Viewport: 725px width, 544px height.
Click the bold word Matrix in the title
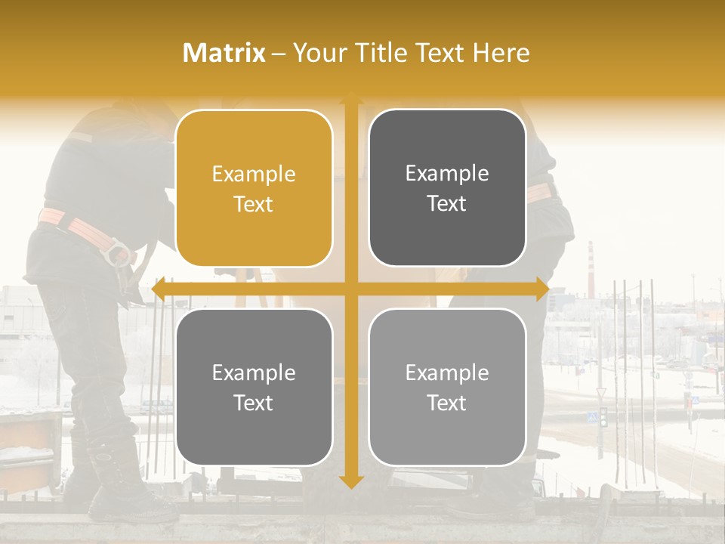pos(224,53)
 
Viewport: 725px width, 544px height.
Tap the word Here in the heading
pos(501,53)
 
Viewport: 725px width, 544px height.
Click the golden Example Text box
pos(254,188)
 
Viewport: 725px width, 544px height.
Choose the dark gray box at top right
pos(447,188)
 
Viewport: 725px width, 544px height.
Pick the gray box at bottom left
pos(254,387)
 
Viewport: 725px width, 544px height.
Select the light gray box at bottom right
pos(447,387)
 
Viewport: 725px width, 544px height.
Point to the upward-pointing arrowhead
pos(350,99)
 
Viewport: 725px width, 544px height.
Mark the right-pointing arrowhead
pos(542,289)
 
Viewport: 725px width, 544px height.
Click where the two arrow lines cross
pos(350,289)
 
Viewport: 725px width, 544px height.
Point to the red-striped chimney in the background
pos(591,261)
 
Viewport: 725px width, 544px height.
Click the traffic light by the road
pos(603,418)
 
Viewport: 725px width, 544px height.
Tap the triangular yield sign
pos(601,393)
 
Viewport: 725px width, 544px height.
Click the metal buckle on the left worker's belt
pos(118,252)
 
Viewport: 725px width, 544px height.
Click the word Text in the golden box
pos(254,204)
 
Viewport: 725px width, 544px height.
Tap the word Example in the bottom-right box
pos(447,372)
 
